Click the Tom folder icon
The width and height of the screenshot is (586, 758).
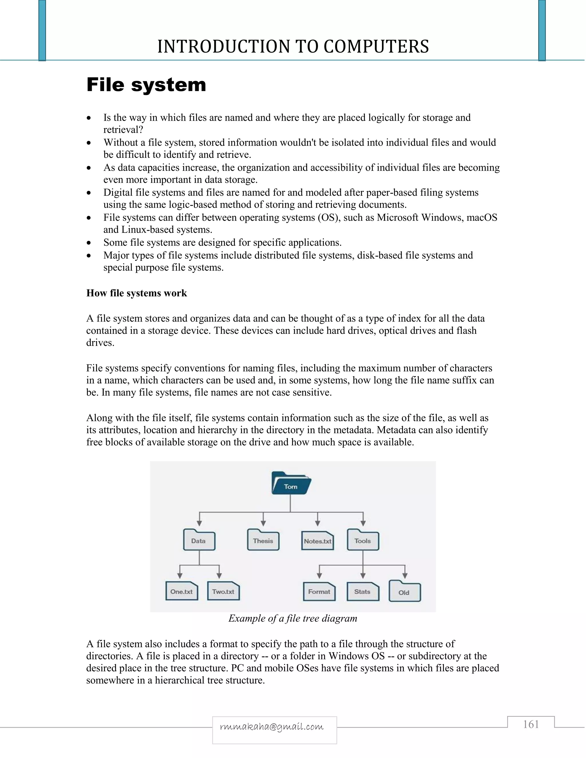(291, 483)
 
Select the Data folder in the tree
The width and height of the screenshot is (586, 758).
(199, 540)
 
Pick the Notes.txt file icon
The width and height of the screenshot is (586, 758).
(317, 541)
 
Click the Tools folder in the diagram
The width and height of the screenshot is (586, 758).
(363, 540)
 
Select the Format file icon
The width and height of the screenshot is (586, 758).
(319, 592)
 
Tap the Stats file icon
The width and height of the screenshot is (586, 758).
(363, 592)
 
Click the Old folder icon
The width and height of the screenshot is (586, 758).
(404, 592)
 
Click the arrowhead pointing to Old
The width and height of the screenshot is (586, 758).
(405, 576)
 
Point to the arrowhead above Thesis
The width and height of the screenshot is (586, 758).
(264, 523)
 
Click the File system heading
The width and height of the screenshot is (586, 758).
(146, 85)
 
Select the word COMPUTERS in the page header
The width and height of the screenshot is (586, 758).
(376, 47)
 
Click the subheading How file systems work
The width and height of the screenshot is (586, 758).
(136, 293)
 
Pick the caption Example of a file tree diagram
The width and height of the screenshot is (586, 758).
(293, 618)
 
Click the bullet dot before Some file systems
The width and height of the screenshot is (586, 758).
(89, 243)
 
